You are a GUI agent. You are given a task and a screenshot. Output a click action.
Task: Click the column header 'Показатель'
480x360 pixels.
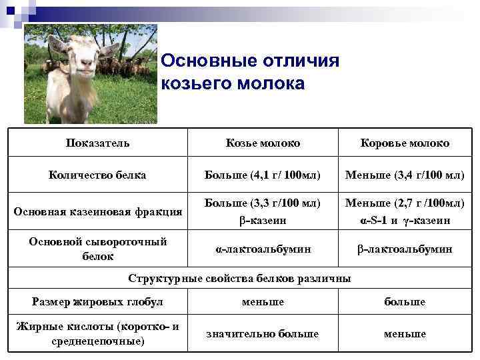(x=98, y=143)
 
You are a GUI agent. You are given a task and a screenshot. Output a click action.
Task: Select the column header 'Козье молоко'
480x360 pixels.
(x=262, y=143)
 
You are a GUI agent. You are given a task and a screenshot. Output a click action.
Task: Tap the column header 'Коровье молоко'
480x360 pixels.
(x=405, y=143)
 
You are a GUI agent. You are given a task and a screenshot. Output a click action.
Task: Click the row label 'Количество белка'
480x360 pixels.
(x=98, y=175)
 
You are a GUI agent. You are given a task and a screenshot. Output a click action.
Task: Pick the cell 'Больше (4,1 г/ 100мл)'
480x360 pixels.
(x=262, y=175)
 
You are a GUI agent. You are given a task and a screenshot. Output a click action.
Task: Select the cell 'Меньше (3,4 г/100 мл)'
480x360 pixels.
(x=405, y=175)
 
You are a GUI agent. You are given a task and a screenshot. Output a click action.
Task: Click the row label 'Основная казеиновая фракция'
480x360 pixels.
(x=98, y=211)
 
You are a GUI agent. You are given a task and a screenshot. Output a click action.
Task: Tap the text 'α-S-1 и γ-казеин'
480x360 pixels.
(x=405, y=220)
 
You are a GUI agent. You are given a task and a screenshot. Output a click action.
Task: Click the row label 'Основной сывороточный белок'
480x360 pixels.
(x=98, y=248)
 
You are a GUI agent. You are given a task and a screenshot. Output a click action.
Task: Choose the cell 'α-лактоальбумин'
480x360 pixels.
(x=262, y=249)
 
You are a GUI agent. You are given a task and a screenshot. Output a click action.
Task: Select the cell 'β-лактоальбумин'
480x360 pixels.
(x=405, y=249)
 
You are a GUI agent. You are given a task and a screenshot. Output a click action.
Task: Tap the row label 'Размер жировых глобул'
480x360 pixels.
(x=98, y=302)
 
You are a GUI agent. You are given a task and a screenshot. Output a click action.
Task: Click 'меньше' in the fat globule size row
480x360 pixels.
(x=262, y=302)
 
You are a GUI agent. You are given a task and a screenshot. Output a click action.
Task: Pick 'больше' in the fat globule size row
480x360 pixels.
(x=405, y=302)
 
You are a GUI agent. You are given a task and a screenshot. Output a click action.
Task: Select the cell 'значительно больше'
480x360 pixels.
(x=262, y=333)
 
